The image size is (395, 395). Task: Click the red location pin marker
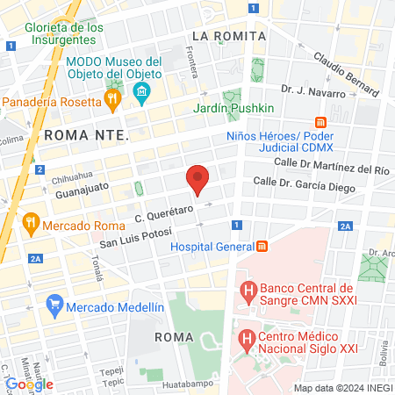pyautogui.click(x=198, y=179)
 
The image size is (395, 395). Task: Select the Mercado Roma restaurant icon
pyautogui.click(x=30, y=223)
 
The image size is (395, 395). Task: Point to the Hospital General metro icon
pyautogui.click(x=262, y=247)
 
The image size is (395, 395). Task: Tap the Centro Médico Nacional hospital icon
pyautogui.click(x=247, y=337)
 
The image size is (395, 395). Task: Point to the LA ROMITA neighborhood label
pyautogui.click(x=228, y=36)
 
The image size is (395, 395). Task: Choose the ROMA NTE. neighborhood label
pyautogui.click(x=86, y=135)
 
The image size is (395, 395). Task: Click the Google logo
pyautogui.click(x=29, y=384)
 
